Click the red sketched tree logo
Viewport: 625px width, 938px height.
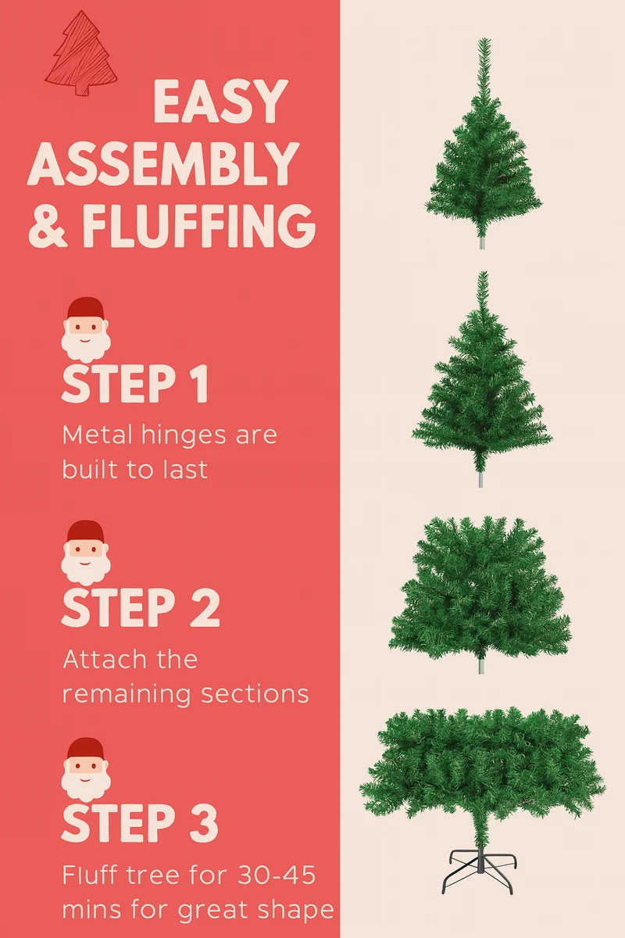(81, 54)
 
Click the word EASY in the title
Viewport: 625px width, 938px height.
(221, 102)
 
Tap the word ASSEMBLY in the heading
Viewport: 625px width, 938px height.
(163, 163)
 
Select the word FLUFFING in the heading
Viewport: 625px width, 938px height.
(199, 226)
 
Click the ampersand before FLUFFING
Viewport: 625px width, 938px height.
(48, 226)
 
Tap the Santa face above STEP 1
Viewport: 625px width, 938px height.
(86, 330)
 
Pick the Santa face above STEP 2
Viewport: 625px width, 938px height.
(86, 553)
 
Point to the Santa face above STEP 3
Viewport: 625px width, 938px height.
(86, 770)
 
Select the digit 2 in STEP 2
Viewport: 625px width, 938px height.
(205, 607)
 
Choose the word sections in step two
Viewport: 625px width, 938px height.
(255, 694)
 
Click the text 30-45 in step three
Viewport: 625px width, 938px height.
(277, 875)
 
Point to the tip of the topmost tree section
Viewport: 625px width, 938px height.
(485, 39)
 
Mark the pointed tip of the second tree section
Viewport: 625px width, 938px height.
(484, 272)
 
